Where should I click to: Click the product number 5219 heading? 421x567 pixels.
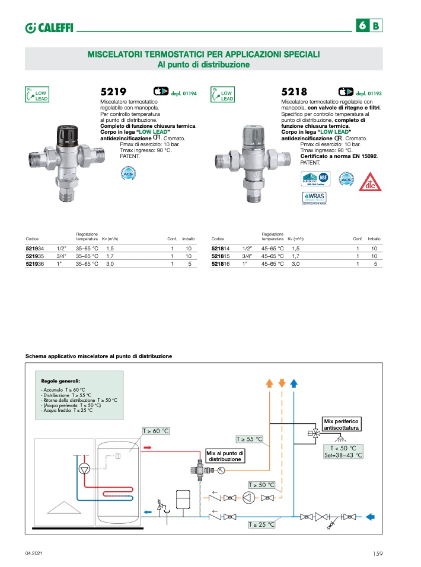coord(114,92)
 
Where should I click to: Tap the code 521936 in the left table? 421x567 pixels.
coord(34,264)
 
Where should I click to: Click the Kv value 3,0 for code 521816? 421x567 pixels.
coord(295,264)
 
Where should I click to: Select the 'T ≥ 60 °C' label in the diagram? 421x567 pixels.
coord(155,431)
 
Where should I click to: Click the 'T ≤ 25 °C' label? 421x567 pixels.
coord(261,524)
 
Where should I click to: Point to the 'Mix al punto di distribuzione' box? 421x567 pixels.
coord(225,456)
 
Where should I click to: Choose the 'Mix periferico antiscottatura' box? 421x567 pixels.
coord(342,424)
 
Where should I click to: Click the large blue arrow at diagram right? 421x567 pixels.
coord(371,516)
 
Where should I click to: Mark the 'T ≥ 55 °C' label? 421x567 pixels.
coord(249,439)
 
